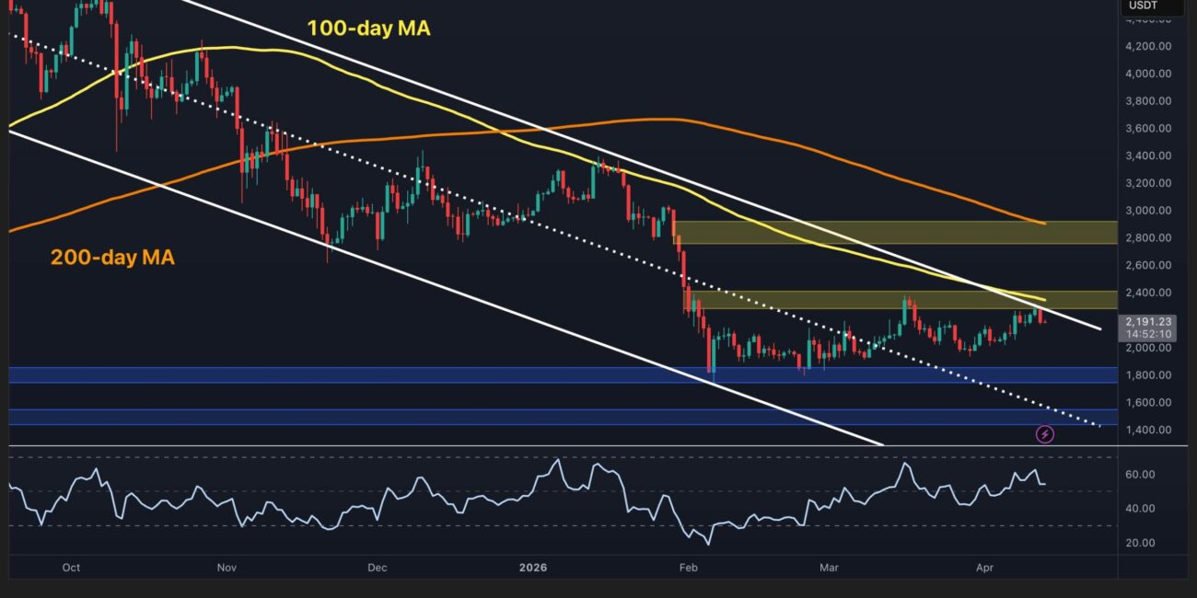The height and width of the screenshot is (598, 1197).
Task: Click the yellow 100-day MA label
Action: tap(368, 29)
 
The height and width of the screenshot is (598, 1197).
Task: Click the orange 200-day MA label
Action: tap(112, 259)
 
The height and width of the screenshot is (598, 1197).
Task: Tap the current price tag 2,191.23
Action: tap(1145, 321)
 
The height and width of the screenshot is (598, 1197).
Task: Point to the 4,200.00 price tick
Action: tap(1151, 46)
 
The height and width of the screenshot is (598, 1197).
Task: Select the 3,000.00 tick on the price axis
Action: tap(1151, 211)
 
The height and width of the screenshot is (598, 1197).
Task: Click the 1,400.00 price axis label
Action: tap(1151, 430)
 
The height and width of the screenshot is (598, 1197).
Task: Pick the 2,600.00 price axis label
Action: tap(1151, 266)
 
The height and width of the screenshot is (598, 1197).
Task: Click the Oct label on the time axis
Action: tap(71, 568)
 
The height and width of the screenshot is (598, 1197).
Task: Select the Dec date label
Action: tap(377, 568)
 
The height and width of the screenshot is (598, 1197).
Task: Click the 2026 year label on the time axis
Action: tap(532, 568)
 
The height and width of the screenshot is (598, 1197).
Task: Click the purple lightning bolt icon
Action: tap(1045, 434)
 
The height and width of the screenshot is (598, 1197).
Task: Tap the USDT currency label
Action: tap(1143, 6)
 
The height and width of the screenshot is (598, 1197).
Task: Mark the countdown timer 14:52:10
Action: tap(1145, 334)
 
